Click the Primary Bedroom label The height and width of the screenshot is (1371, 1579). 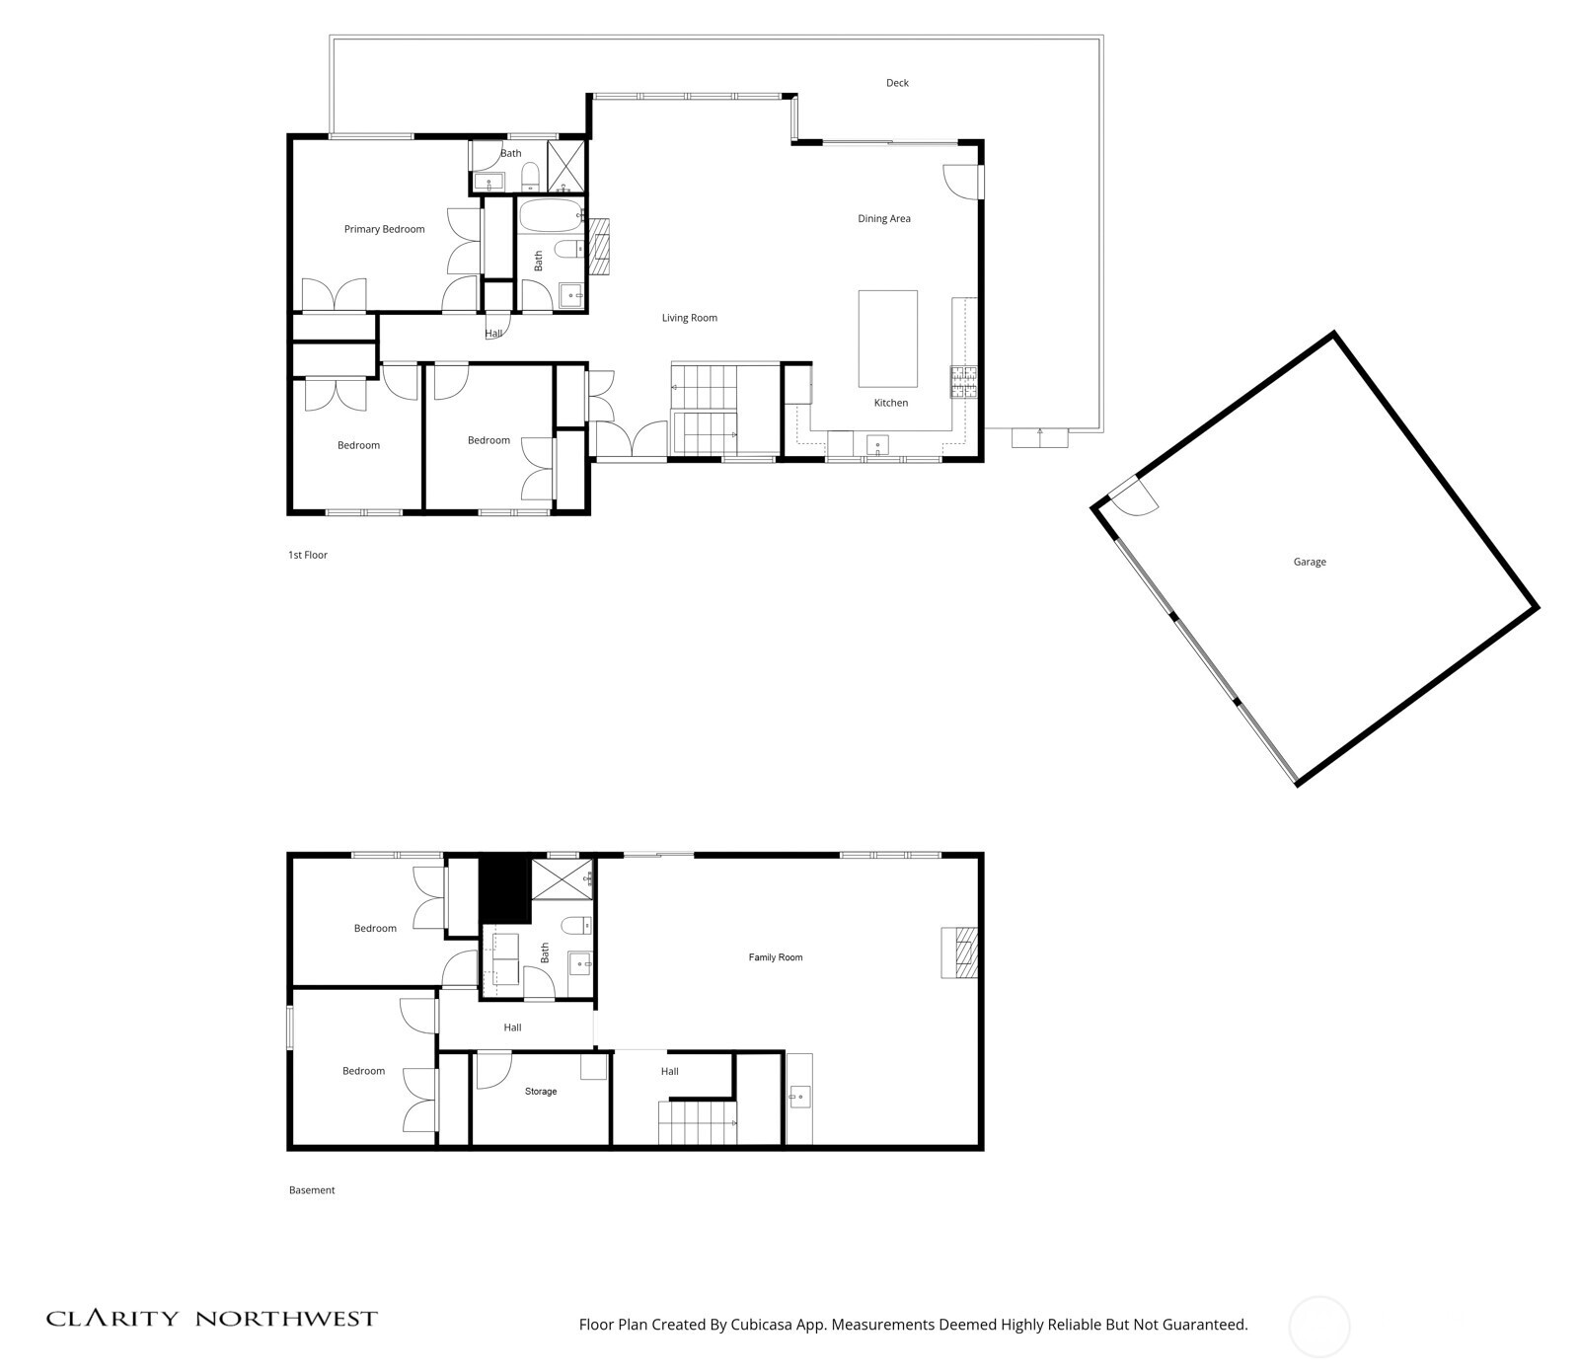tap(384, 229)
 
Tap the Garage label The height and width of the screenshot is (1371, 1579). tap(1310, 562)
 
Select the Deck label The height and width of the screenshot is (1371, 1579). tap(896, 83)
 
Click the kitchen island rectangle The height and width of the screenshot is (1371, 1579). tap(887, 339)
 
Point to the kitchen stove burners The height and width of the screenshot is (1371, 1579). tap(963, 382)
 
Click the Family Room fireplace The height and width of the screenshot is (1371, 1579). tap(959, 952)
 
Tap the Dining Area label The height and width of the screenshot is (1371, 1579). tap(883, 218)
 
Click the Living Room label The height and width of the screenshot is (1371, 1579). tap(689, 318)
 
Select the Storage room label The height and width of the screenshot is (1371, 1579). tap(541, 1092)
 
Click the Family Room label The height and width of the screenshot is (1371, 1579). tap(776, 957)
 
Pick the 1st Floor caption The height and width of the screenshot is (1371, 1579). tap(308, 555)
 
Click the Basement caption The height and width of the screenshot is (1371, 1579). tap(312, 1190)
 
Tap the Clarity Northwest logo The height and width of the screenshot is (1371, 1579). tap(212, 1319)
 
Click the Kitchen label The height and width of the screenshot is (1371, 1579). tap(890, 403)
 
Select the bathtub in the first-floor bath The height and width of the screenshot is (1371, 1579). tap(549, 215)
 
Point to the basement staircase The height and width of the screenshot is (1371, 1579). tap(697, 1123)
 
